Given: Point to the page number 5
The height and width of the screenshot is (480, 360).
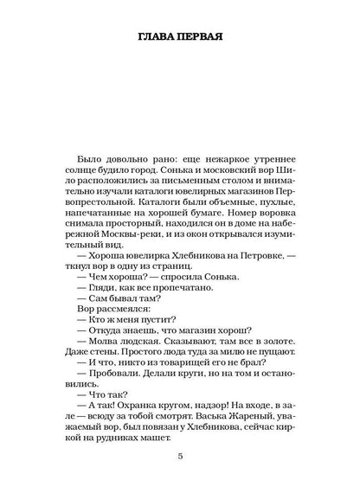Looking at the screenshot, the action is pyautogui.click(x=179, y=457).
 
